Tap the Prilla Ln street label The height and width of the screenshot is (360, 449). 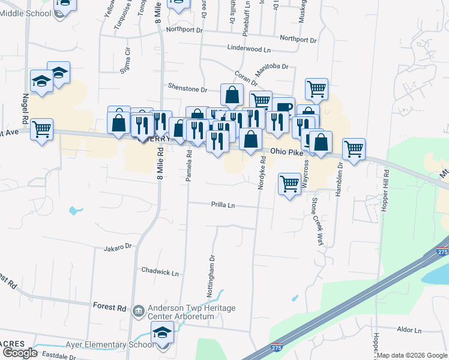coord(223,205)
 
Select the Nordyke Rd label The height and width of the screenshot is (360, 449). coord(262,172)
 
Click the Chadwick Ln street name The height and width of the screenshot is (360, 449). coord(160,272)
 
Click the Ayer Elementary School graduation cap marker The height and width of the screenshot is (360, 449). coord(162,332)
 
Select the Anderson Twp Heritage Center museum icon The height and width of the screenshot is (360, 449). coord(139,310)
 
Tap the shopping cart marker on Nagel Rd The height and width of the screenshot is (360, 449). coord(42,128)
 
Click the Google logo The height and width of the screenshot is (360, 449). coord(19,353)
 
